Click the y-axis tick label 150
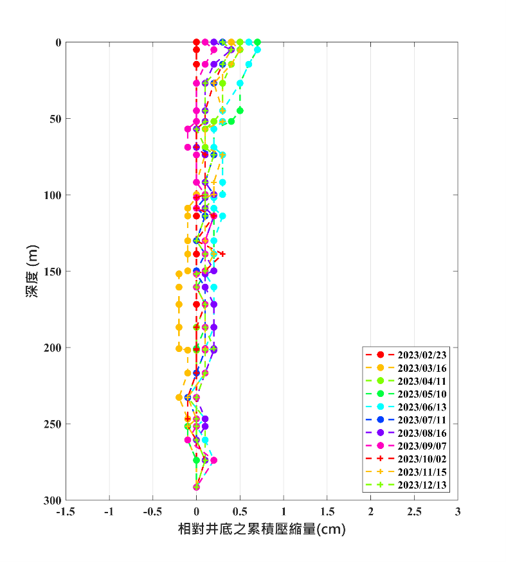click(53, 272)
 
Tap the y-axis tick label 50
click(56, 119)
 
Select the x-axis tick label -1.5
click(66, 513)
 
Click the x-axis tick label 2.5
click(414, 513)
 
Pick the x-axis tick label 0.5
click(240, 513)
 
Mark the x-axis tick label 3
click(458, 513)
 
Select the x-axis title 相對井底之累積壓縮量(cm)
click(262, 531)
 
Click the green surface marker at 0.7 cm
click(257, 42)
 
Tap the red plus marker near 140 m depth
click(222, 254)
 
